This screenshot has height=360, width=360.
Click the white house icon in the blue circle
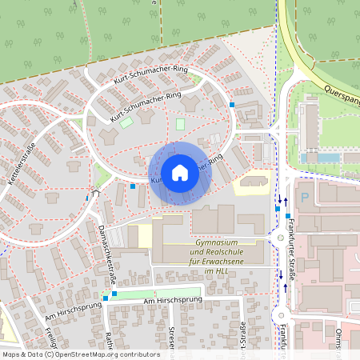179,173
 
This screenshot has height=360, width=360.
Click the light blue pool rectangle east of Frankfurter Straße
329,158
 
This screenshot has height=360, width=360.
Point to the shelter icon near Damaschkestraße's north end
96,193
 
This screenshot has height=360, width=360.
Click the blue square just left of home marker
133,186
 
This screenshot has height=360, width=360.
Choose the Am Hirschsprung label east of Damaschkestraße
160,299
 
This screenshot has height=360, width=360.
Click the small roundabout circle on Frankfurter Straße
280,238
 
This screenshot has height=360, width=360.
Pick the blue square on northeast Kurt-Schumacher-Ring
232,105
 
